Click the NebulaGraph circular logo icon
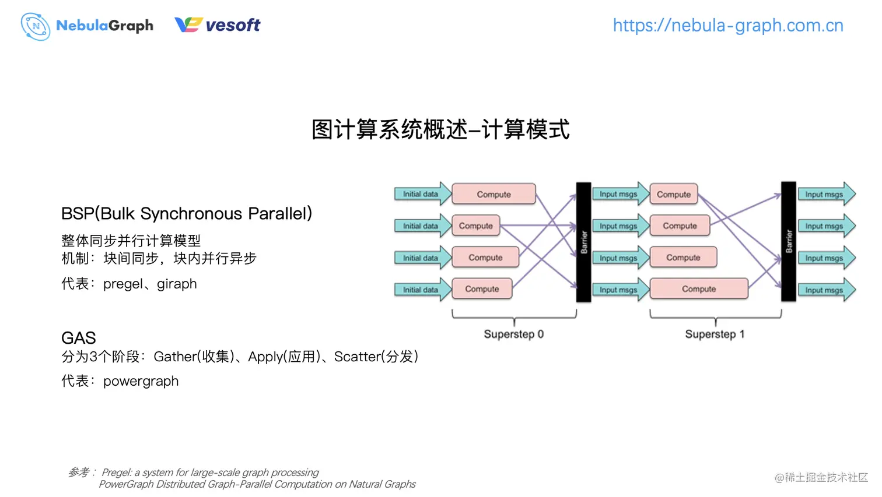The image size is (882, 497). [35, 26]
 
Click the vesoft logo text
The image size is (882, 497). [232, 25]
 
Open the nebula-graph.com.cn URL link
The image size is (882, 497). [727, 26]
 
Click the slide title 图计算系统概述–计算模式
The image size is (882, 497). [440, 129]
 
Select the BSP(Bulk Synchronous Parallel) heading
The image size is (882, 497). [187, 214]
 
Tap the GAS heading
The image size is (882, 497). [79, 338]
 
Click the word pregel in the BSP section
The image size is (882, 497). [123, 284]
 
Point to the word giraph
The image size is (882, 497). [177, 284]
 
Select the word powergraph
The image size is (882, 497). [141, 381]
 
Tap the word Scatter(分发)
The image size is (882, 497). [376, 357]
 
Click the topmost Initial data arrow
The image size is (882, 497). [422, 194]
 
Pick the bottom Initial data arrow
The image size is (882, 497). [422, 290]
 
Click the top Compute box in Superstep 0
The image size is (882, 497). [494, 194]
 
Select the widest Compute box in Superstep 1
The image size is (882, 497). [698, 289]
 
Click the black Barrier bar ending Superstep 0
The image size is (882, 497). [583, 242]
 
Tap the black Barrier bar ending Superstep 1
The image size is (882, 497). [788, 242]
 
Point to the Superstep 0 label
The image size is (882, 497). [513, 334]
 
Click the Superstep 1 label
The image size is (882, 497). [715, 334]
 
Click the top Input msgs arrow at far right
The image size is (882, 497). [825, 194]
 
